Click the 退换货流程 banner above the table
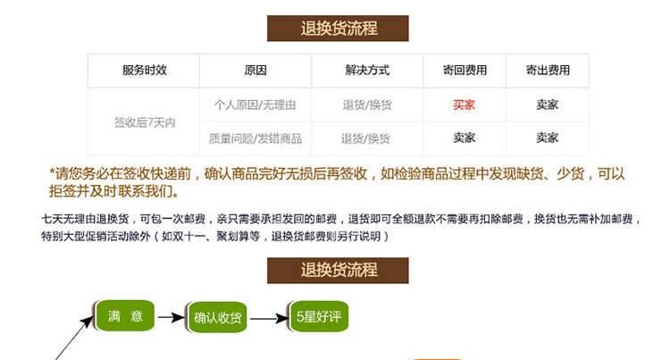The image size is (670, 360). click(339, 28)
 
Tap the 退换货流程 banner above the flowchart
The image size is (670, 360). click(339, 270)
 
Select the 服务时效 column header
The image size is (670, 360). click(144, 71)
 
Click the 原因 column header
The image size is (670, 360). click(255, 71)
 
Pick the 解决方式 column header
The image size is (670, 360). click(366, 71)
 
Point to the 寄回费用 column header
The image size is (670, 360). click(465, 71)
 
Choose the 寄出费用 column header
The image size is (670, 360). click(547, 71)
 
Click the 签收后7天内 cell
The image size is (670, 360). click(144, 121)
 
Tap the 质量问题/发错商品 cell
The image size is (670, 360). click(255, 138)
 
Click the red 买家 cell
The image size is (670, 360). click(464, 105)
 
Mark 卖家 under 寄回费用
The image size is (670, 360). click(464, 138)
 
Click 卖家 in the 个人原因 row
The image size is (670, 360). click(547, 105)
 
